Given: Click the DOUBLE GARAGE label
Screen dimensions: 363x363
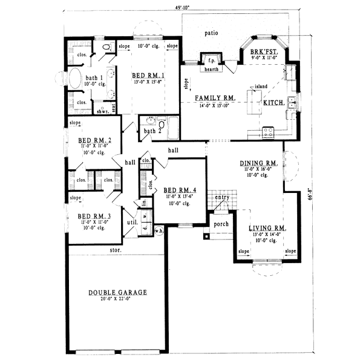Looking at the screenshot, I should (117, 292).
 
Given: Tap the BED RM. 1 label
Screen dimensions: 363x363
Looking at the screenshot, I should (148, 75).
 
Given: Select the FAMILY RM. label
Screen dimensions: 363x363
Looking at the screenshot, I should (214, 97).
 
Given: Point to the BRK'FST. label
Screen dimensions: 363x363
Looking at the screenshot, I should (264, 53).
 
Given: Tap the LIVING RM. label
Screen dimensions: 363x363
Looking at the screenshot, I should (267, 228).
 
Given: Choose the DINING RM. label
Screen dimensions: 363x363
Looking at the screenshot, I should (258, 163).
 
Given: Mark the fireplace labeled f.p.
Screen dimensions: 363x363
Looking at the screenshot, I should (212, 60).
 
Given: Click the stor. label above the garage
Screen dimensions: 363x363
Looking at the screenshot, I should (116, 249).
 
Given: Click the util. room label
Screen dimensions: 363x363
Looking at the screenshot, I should (129, 223).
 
